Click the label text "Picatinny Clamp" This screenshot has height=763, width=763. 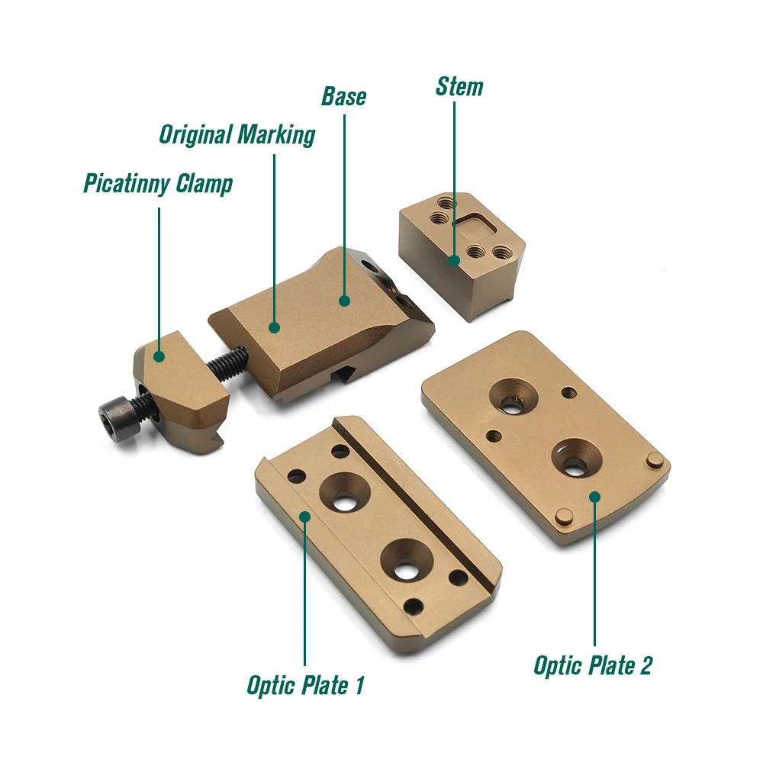click(158, 184)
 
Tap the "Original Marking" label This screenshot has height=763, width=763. click(237, 135)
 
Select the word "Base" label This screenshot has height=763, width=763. click(343, 96)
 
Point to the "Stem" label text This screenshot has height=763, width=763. click(459, 87)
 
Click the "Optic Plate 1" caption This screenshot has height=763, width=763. click(306, 685)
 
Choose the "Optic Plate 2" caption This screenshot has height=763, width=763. click(593, 665)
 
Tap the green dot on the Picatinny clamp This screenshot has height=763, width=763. click(159, 356)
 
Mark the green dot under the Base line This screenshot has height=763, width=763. click(345, 301)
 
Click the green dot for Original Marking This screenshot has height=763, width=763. click(275, 327)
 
